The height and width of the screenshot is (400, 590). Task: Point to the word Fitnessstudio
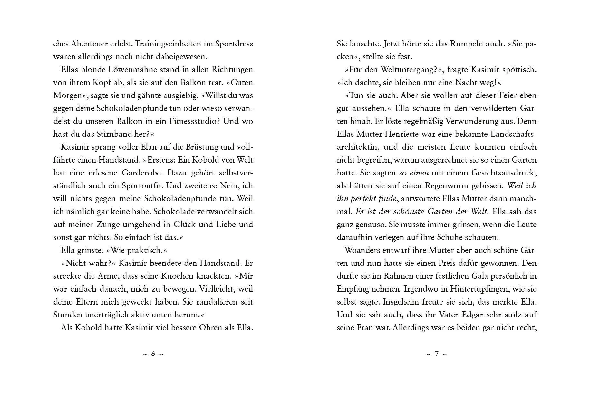point(193,121)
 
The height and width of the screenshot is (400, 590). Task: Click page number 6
point(153,354)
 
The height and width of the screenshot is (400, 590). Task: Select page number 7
point(437,354)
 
